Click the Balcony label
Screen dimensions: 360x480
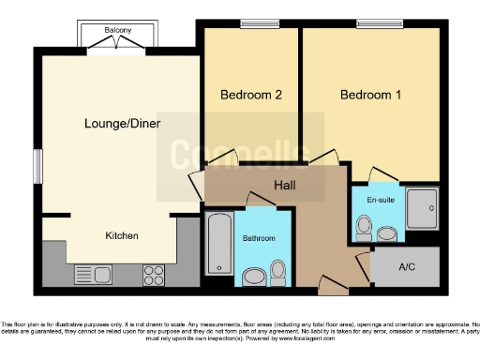point(117,31)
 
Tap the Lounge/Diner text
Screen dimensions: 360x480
point(122,123)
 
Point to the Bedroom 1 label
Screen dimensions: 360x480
point(370,95)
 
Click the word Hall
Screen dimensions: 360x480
point(285,186)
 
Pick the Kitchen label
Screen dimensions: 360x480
point(122,235)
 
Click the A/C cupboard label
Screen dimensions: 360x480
point(407,267)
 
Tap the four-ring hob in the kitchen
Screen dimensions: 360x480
point(154,274)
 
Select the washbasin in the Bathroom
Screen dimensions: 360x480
point(252,276)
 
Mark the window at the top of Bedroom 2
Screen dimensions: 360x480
point(252,23)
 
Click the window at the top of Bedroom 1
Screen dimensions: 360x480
point(370,23)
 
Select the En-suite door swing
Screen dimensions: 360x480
point(380,175)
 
